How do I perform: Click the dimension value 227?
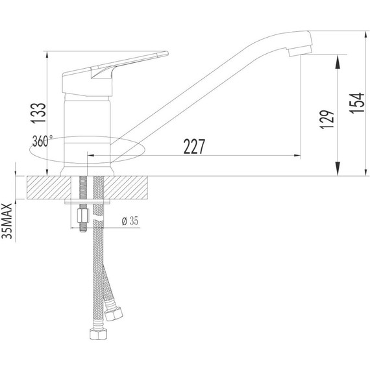point(194,147)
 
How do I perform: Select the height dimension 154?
point(356,103)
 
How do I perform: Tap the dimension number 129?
point(327,119)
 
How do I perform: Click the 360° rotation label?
point(42,142)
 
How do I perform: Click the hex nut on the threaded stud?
point(82,216)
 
